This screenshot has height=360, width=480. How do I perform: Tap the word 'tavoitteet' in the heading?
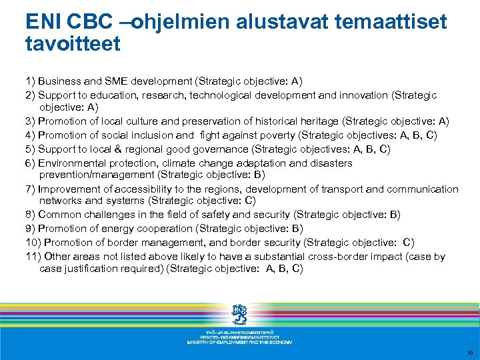pyautogui.click(x=73, y=44)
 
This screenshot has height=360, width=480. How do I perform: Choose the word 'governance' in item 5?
pyautogui.click(x=213, y=149)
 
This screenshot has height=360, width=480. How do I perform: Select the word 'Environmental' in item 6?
pyautogui.click(x=73, y=163)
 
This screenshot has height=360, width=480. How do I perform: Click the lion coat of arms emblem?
pyautogui.click(x=239, y=314)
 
